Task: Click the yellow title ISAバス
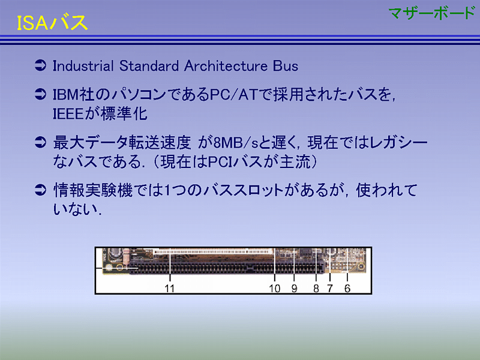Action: (x=52, y=23)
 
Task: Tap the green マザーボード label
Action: (x=432, y=13)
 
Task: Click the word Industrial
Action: (x=83, y=66)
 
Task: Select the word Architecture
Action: (x=226, y=66)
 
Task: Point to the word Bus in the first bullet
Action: (x=286, y=66)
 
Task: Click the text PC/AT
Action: (x=234, y=94)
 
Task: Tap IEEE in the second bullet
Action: (x=68, y=114)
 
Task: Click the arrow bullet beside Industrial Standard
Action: (x=40, y=65)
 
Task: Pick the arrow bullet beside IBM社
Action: (x=40, y=94)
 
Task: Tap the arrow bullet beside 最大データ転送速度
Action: (x=40, y=142)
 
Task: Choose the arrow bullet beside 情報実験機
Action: (x=40, y=190)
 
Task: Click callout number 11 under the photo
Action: (x=170, y=288)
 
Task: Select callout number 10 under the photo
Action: (x=275, y=288)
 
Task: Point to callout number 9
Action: (x=294, y=288)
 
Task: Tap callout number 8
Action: (x=316, y=288)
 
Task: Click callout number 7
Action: (x=329, y=288)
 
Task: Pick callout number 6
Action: (x=347, y=288)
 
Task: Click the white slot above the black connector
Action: (x=213, y=251)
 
